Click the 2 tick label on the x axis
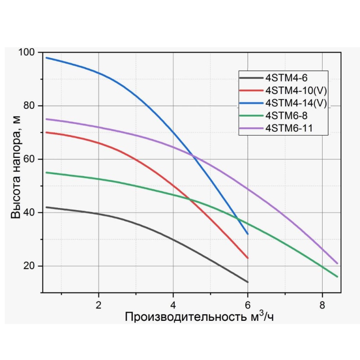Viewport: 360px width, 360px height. [99, 303]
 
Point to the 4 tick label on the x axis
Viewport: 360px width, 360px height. [173, 303]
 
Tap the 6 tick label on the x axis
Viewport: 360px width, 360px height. [247, 303]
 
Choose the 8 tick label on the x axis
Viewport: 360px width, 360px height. [322, 303]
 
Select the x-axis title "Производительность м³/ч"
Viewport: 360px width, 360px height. [199, 317]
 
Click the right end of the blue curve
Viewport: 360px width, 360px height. [247, 234]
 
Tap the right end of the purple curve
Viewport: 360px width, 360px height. [337, 263]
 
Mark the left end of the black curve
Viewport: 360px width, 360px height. [46, 207]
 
